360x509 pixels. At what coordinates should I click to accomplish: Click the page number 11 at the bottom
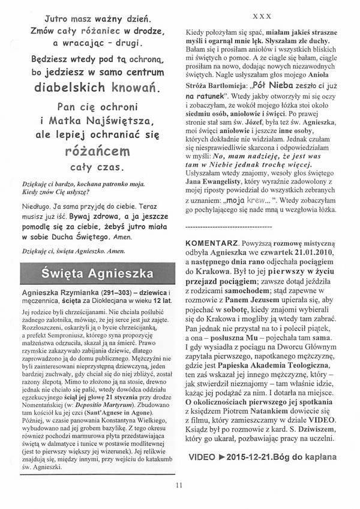(179, 486)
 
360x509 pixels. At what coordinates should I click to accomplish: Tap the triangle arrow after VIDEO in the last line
(224, 457)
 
